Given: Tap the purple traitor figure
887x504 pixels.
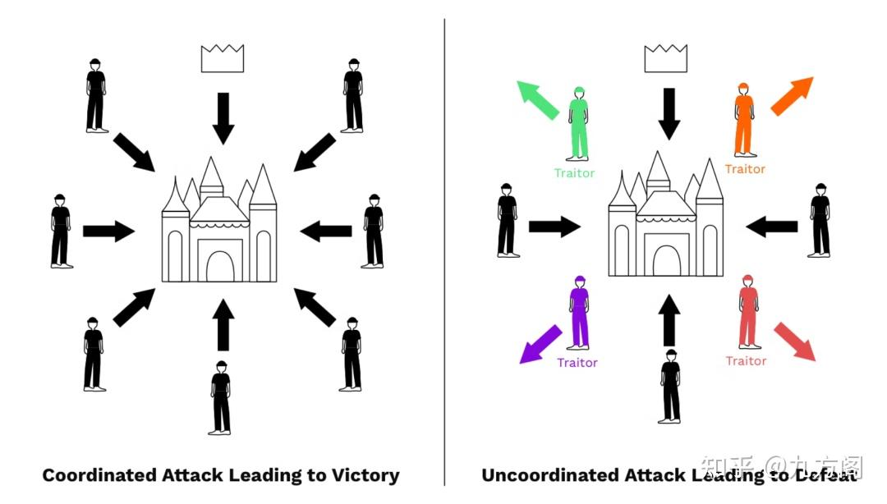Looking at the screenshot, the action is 580,314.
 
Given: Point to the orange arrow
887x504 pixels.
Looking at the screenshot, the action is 793,95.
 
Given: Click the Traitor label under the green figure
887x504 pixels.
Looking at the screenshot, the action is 574,173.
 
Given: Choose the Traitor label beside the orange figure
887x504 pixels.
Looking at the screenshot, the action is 745,169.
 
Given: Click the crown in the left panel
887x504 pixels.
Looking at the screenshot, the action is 223,59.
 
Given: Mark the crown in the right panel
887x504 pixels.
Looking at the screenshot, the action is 664,59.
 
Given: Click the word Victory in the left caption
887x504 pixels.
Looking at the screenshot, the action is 366,474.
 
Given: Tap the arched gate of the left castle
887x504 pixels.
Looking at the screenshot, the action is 219,266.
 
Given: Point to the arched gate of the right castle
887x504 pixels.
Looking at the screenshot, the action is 666,260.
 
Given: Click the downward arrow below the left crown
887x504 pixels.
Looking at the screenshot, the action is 223,117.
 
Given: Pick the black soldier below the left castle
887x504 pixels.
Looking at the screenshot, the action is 220,397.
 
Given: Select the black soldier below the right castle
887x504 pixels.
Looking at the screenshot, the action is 671,386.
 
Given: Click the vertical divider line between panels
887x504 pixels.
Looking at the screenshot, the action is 444,246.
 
